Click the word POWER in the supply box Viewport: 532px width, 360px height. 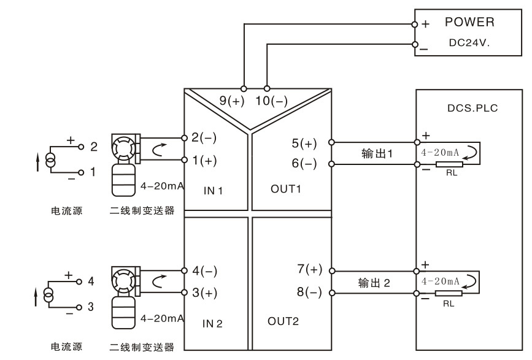(x=469, y=23)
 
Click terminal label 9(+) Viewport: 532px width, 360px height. (x=232, y=101)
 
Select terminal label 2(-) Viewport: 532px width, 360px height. (x=204, y=137)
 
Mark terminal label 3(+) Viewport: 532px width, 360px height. (x=204, y=293)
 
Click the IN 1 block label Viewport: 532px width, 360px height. (x=213, y=191)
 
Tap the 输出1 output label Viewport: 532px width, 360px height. (x=375, y=153)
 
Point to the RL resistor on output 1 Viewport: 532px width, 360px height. (x=450, y=164)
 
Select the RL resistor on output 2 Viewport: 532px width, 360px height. (x=450, y=294)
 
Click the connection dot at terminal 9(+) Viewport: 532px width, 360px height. (x=244, y=87)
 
